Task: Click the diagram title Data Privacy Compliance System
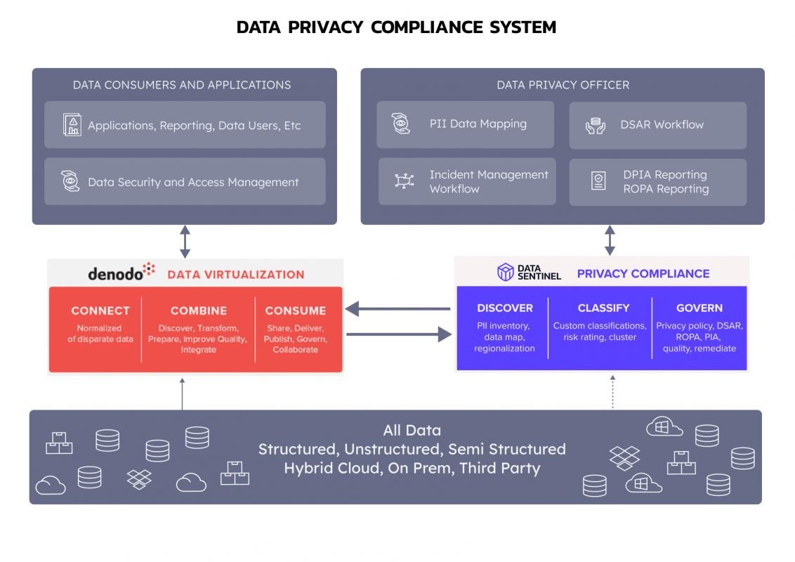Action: (x=396, y=27)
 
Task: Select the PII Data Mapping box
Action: (x=465, y=124)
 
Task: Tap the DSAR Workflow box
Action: (x=657, y=125)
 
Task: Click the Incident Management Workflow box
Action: (x=467, y=181)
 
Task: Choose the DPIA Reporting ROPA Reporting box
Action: (x=657, y=182)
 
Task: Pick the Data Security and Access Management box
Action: (x=185, y=182)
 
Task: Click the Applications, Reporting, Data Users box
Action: (x=185, y=125)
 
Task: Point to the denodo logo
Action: (x=121, y=273)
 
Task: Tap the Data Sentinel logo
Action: (x=529, y=273)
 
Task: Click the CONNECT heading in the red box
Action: (x=100, y=311)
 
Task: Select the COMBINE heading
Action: (x=199, y=311)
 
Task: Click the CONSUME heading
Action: (x=296, y=311)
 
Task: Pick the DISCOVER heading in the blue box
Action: (x=504, y=308)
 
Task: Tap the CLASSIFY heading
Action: (x=603, y=308)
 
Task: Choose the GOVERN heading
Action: (x=699, y=308)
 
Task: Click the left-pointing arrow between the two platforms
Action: (x=397, y=308)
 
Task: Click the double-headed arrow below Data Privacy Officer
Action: (x=610, y=240)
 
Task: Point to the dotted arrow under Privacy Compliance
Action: (x=612, y=391)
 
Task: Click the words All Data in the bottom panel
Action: (x=412, y=431)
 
